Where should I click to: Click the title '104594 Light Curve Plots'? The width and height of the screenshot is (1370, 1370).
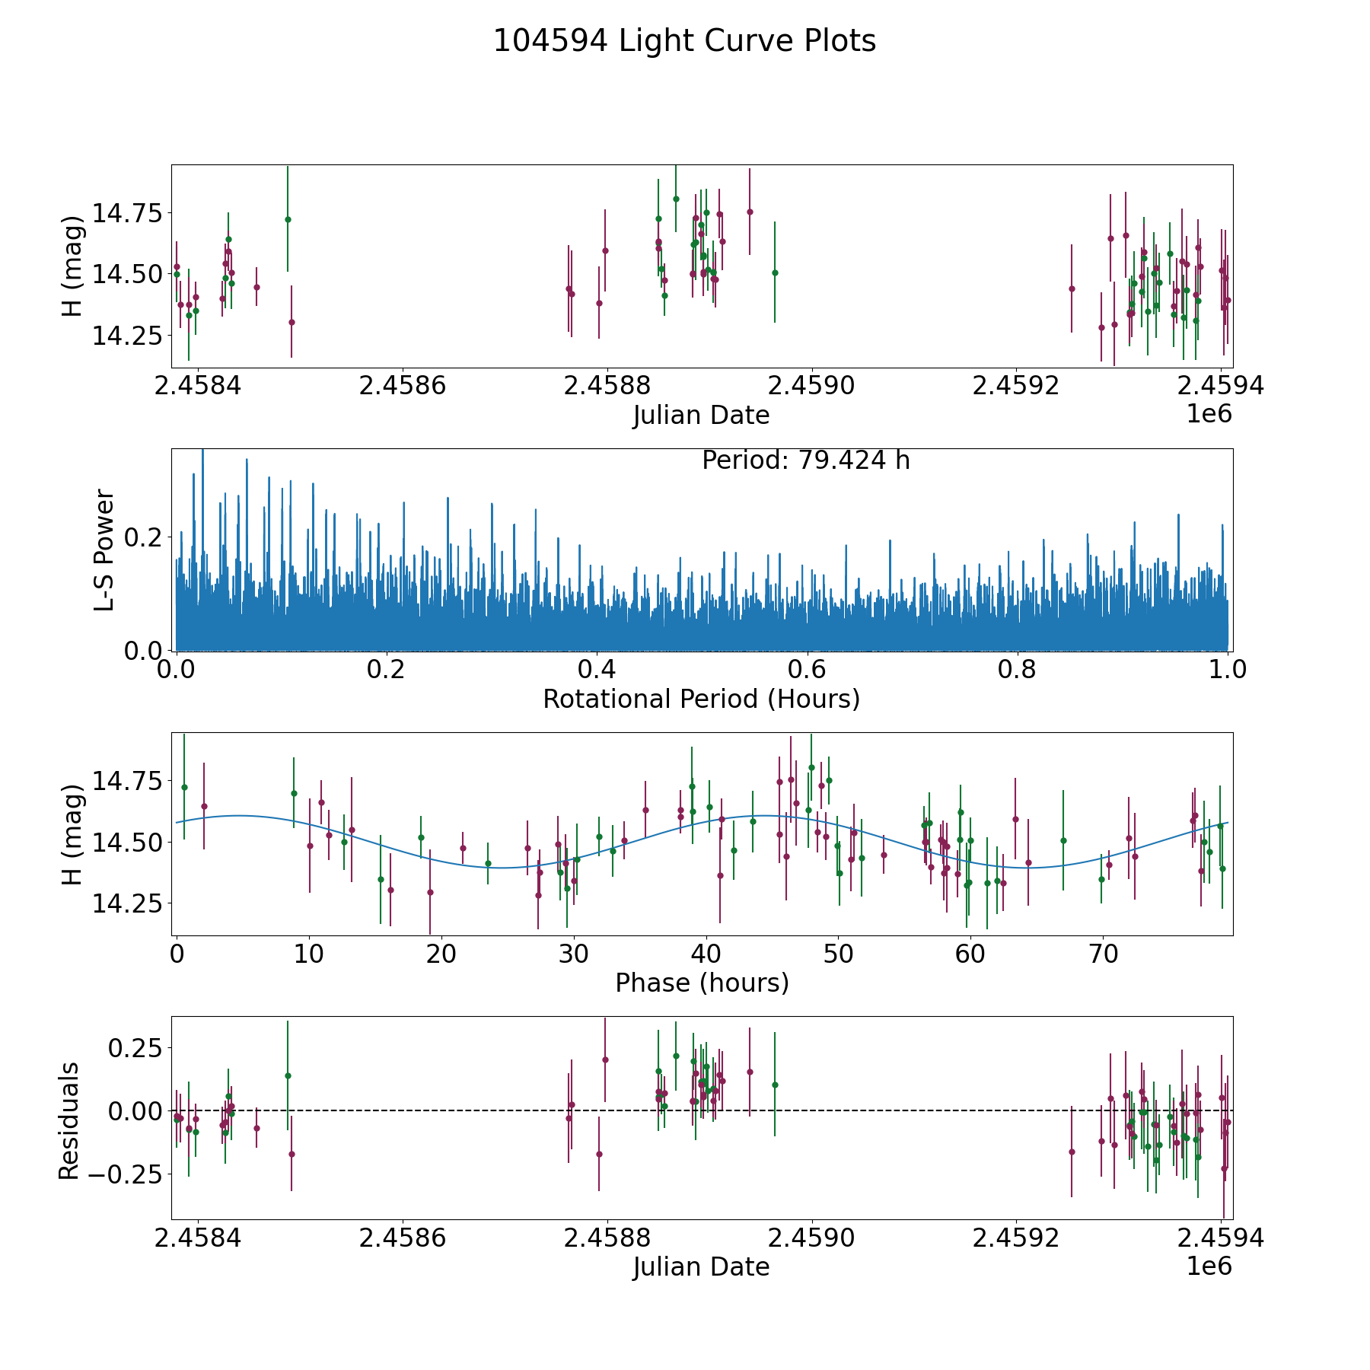point(684,41)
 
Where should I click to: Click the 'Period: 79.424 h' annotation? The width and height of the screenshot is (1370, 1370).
point(805,460)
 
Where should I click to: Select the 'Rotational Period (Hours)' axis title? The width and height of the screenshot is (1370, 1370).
point(701,699)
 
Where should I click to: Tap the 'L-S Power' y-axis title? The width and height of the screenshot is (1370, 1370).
point(104,550)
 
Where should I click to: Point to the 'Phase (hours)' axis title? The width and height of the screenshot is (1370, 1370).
point(701,983)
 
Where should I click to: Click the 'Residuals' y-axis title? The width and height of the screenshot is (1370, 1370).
point(69,1120)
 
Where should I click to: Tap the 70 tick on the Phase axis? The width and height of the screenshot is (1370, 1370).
point(1103,954)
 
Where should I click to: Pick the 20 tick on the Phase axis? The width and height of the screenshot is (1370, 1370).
point(441,954)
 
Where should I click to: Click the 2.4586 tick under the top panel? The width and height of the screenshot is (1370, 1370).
point(402,386)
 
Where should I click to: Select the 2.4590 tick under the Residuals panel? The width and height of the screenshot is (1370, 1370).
point(811,1238)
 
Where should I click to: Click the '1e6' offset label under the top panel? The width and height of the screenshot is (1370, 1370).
point(1209,414)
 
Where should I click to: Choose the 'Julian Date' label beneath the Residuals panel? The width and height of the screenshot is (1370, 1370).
point(701,1266)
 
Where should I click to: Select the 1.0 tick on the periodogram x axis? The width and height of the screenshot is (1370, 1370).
point(1228,670)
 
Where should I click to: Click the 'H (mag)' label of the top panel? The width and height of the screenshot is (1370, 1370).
point(72,266)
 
